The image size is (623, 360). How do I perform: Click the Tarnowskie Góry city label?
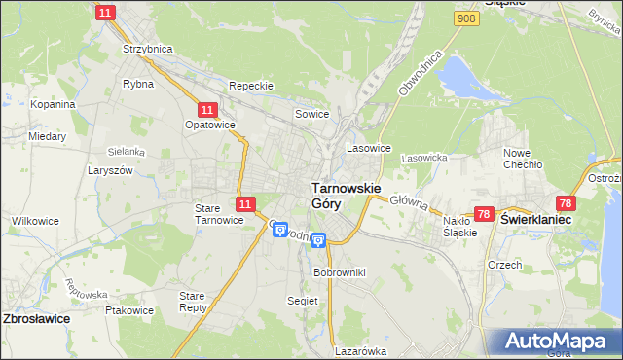[346, 195]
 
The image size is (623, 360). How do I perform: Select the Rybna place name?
[135, 84]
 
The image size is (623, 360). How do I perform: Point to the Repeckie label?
[250, 86]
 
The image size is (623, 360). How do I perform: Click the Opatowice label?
[209, 126]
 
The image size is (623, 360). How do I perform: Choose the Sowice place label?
[312, 115]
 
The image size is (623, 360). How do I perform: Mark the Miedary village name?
[47, 137]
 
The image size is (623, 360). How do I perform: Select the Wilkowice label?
[34, 221]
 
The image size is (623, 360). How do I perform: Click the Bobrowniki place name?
[339, 272]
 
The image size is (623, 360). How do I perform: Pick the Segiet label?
[303, 301]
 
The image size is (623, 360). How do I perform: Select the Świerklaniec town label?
[535, 221]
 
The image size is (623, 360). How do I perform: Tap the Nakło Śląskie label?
[458, 227]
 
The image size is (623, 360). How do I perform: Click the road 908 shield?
[465, 18]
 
